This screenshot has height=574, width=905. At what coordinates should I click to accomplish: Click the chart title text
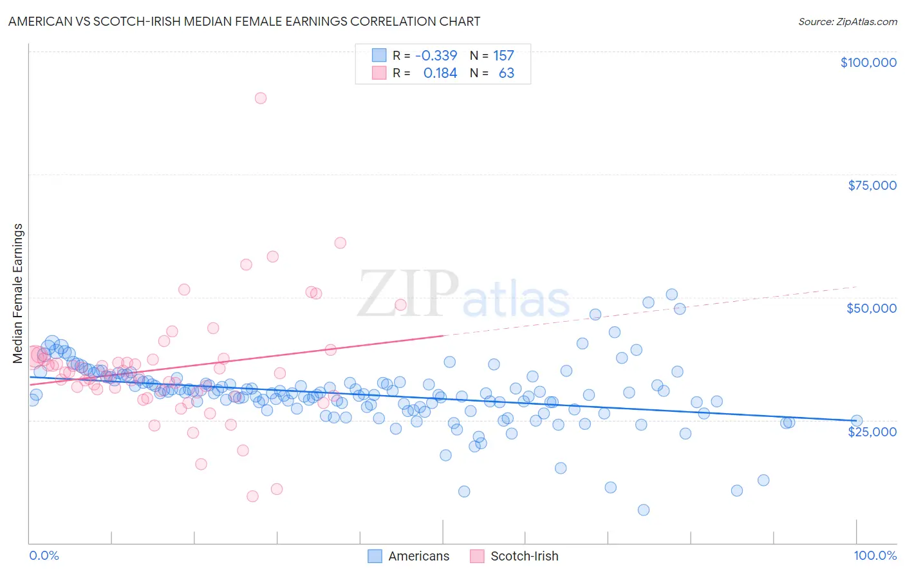click(244, 21)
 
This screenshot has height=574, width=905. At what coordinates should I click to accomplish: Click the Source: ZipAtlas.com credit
click(847, 21)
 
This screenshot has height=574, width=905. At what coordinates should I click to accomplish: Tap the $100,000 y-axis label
click(868, 62)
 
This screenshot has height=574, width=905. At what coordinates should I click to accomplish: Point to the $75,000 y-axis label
click(872, 185)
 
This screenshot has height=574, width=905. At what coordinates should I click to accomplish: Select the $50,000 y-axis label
click(872, 308)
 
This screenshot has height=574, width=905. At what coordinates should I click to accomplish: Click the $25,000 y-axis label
click(872, 431)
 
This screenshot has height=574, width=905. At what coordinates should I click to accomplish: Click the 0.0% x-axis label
click(44, 555)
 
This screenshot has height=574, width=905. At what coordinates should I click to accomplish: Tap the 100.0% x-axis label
click(875, 555)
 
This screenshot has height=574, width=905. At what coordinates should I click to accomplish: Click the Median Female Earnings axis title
click(18, 293)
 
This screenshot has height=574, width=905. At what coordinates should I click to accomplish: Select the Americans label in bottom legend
click(418, 556)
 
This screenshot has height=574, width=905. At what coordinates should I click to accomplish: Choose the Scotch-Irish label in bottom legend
click(524, 556)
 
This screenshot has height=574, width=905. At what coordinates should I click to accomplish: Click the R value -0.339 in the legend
click(436, 56)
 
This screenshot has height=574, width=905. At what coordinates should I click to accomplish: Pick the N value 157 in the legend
click(503, 56)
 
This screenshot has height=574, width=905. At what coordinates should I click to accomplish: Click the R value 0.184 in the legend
click(440, 73)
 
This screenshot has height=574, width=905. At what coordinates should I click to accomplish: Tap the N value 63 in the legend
click(507, 73)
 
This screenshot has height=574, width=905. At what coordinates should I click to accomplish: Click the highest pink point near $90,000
click(261, 98)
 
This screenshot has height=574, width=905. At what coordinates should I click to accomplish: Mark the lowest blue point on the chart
click(643, 510)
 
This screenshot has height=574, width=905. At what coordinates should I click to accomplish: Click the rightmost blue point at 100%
click(856, 420)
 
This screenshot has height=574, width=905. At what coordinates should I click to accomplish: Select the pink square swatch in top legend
click(379, 73)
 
